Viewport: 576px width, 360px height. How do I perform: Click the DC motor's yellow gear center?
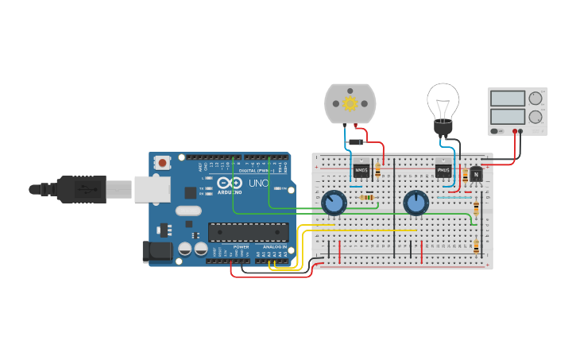click(350, 103)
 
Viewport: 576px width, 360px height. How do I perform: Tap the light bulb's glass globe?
click(443, 99)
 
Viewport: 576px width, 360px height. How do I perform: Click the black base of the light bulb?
click(443, 126)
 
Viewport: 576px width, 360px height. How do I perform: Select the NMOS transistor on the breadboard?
click(361, 170)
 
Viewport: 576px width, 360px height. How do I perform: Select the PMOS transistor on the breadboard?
click(443, 170)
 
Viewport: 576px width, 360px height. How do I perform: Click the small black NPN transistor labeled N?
click(476, 174)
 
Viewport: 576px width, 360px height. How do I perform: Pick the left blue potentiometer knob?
click(334, 203)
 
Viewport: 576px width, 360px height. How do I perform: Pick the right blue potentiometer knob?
click(416, 203)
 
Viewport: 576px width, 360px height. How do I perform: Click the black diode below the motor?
click(356, 142)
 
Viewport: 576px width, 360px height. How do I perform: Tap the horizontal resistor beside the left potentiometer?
click(367, 197)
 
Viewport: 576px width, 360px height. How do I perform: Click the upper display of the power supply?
click(508, 99)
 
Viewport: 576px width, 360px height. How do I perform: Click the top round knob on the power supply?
click(535, 99)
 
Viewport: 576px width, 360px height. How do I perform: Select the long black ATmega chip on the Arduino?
click(248, 232)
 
